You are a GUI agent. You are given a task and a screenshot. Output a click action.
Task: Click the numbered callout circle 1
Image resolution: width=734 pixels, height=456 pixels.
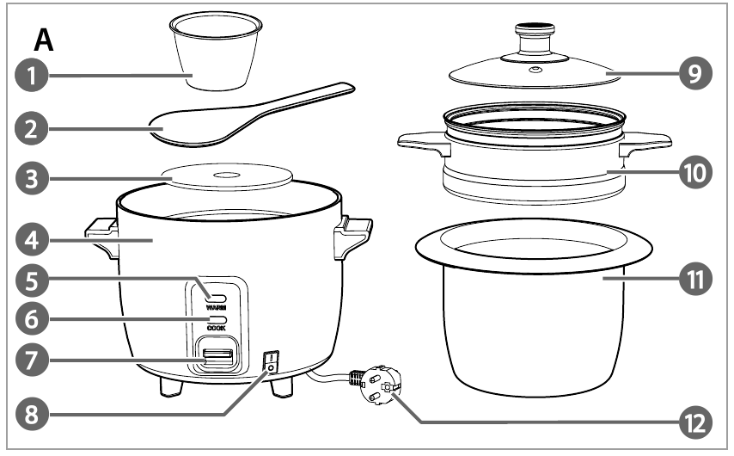(x=31, y=76)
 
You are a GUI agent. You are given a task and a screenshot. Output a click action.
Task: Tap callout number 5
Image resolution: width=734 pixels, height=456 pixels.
(x=31, y=281)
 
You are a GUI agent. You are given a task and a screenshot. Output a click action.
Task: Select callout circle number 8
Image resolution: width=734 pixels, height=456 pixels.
(x=31, y=415)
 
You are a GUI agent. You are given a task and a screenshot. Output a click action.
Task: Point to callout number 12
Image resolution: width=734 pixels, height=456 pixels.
(x=695, y=423)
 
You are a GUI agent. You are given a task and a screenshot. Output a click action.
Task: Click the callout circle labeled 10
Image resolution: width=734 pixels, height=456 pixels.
(x=695, y=172)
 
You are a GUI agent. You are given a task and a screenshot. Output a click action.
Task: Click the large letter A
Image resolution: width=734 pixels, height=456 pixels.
(x=44, y=40)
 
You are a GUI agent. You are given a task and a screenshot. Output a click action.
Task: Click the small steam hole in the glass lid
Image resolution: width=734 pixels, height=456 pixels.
(x=535, y=71)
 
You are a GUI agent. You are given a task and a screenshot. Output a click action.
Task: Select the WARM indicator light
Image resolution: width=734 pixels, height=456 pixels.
(x=216, y=298)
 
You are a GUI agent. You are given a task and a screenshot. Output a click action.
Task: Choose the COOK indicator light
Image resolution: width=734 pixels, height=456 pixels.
(x=216, y=319)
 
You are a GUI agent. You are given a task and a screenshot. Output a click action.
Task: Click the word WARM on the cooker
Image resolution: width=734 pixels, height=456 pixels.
(x=216, y=307)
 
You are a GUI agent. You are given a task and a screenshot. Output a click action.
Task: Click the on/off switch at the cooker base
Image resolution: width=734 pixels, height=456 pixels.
(x=271, y=362)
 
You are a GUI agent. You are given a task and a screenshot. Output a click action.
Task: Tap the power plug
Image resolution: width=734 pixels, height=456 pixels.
(x=380, y=385)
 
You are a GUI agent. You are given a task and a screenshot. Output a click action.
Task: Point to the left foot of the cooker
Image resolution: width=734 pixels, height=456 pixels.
(x=171, y=386)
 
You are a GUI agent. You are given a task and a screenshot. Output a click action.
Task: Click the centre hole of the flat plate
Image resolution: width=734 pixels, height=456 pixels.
(x=227, y=176)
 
